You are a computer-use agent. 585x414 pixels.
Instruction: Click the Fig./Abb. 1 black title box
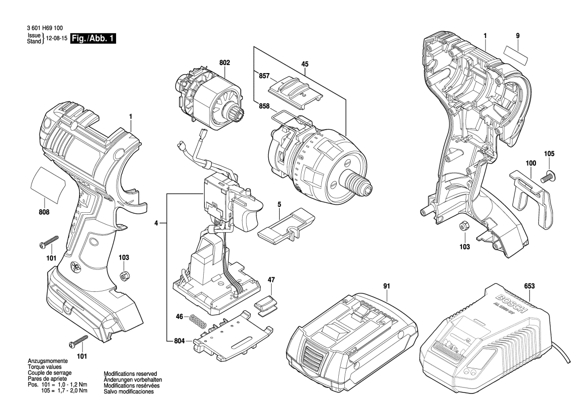tap(94, 39)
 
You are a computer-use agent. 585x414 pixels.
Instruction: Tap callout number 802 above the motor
tap(225, 63)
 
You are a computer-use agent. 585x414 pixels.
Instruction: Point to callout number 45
tap(305, 64)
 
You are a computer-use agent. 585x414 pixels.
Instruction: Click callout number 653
tap(529, 286)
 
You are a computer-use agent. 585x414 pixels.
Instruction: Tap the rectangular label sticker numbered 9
tap(516, 52)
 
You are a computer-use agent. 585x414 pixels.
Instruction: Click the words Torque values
tap(43, 367)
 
